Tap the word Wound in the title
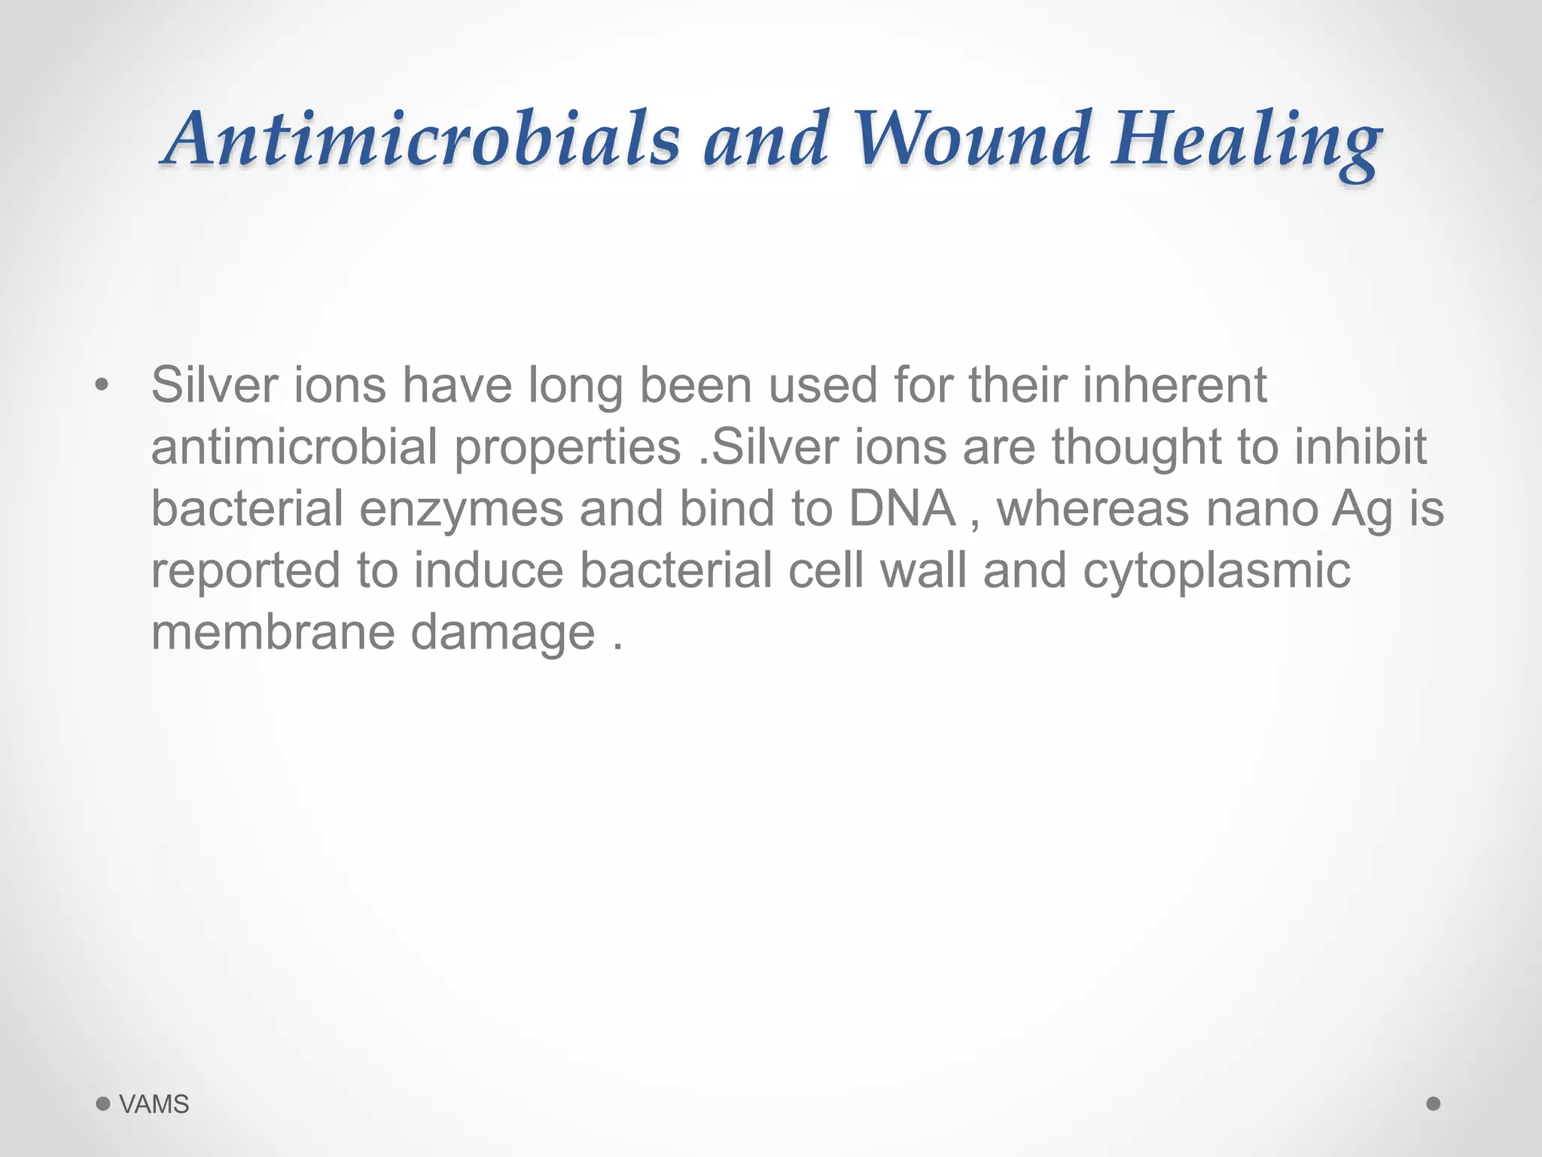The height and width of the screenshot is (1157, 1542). coord(972,139)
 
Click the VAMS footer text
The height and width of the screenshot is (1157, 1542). coord(154,1104)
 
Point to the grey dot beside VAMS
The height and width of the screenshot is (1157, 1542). coord(103,1104)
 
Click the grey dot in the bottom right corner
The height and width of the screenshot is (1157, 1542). coord(1434,1104)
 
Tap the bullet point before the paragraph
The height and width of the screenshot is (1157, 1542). coord(102,386)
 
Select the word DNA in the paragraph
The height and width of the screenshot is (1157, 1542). coord(902,508)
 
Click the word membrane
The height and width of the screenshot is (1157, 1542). coord(273,632)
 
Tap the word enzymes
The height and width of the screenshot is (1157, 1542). coord(461,510)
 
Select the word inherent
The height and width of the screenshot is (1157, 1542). coord(1175,386)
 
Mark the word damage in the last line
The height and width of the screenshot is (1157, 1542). coord(503,633)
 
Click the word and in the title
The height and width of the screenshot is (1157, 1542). coord(766,139)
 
